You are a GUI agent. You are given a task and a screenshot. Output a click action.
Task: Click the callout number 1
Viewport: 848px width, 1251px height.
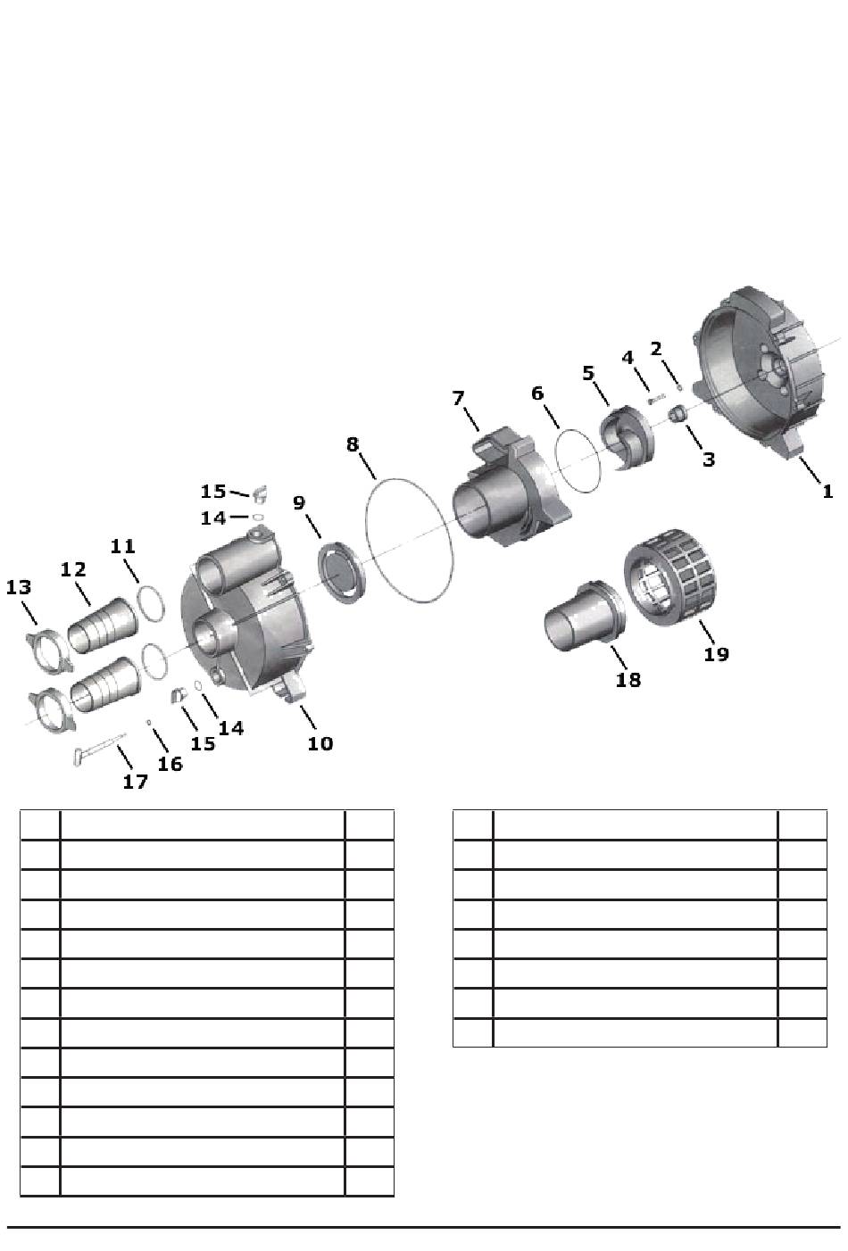pyautogui.click(x=827, y=492)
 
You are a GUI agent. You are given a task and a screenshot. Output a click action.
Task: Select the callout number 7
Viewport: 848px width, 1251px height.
pyautogui.click(x=458, y=398)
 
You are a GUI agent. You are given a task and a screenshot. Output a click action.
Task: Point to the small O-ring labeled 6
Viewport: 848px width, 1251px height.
pyautogui.click(x=578, y=460)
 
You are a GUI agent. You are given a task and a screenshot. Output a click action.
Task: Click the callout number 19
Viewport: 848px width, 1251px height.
pyautogui.click(x=716, y=654)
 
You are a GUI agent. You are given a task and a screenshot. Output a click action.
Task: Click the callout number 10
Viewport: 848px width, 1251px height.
pyautogui.click(x=320, y=743)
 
